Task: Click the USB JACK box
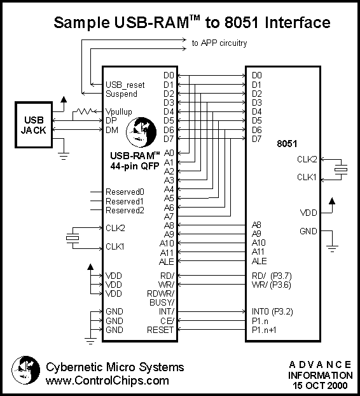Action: [x=34, y=125]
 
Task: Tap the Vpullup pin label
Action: [x=118, y=111]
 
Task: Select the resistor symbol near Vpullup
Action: [x=84, y=111]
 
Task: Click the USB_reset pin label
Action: [x=125, y=85]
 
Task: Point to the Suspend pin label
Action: [x=121, y=94]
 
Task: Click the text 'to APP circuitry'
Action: [x=219, y=43]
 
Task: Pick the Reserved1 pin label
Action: [x=125, y=201]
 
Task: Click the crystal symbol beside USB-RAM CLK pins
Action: [x=73, y=238]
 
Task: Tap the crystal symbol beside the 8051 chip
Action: [x=341, y=169]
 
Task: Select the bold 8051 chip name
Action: [x=287, y=144]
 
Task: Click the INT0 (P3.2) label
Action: [x=272, y=312]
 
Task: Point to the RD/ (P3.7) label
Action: [x=272, y=276]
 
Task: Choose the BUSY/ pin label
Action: [x=162, y=302]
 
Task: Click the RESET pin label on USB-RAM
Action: [x=160, y=330]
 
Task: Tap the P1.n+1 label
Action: [x=264, y=330]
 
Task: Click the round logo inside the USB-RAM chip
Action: [x=141, y=132]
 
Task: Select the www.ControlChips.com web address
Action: [x=107, y=380]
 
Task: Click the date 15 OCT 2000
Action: [x=320, y=385]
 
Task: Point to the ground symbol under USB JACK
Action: [x=64, y=156]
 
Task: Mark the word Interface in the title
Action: [x=298, y=22]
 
